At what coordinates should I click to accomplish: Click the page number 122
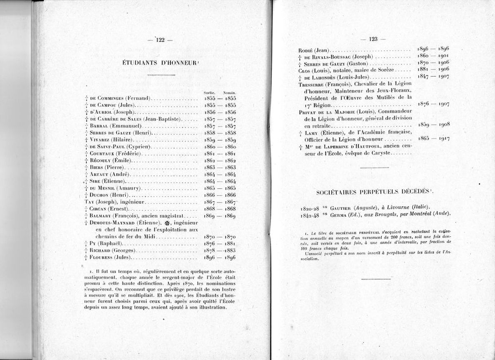(x=160, y=40)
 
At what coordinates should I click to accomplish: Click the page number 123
(x=373, y=39)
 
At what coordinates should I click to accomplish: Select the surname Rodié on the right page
(x=307, y=50)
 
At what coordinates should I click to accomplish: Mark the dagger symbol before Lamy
(x=301, y=133)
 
